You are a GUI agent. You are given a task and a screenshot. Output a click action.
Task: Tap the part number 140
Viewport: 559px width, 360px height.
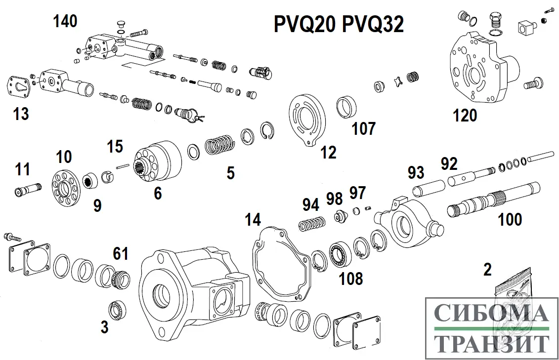pyautogui.click(x=65, y=21)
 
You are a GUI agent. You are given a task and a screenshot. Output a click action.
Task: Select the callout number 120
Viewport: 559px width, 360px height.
pyautogui.click(x=465, y=116)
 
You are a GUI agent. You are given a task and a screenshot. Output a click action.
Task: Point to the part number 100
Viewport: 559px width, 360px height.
pyautogui.click(x=510, y=219)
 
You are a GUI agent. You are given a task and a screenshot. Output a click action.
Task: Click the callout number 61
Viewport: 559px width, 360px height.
pyautogui.click(x=120, y=254)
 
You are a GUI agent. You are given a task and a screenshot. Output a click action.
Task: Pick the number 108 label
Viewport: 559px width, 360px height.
pyautogui.click(x=350, y=279)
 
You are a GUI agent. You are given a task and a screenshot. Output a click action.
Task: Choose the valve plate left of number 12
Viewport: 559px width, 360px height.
pyautogui.click(x=306, y=120)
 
